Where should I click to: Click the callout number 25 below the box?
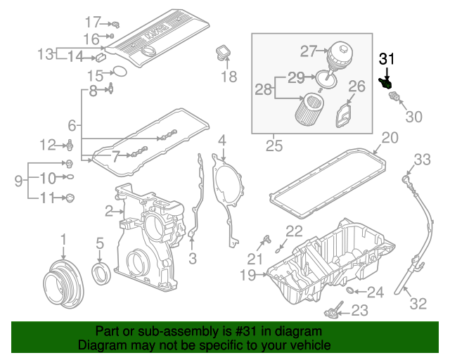point(272,146)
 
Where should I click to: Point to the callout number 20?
point(390,138)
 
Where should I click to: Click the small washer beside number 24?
point(352,290)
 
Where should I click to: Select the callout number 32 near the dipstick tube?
point(418,304)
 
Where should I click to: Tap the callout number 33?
point(421,160)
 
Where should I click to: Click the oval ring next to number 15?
point(120,71)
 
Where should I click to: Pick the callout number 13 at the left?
point(46,53)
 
